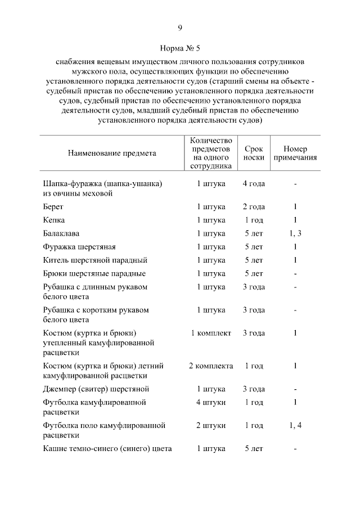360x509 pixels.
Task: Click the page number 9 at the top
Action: tap(179, 28)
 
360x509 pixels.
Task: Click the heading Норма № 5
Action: tap(179, 48)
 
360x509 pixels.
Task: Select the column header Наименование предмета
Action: tap(112, 153)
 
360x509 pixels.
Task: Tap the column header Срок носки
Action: tap(254, 153)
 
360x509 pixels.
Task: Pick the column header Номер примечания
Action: tap(295, 153)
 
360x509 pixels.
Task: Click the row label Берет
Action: tap(53, 206)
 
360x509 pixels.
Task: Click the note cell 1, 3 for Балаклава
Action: tap(295, 233)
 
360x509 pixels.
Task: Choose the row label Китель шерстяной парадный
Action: tap(95, 260)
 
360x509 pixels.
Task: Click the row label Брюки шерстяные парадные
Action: tap(94, 274)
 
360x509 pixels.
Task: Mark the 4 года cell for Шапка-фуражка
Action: tap(254, 183)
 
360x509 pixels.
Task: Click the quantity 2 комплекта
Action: tap(210, 366)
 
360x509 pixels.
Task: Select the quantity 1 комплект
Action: tap(210, 333)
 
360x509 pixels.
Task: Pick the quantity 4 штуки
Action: tap(210, 403)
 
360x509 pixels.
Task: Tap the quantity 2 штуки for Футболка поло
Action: tap(210, 425)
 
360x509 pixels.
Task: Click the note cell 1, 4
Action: tap(295, 425)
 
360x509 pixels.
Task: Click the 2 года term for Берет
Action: tap(254, 206)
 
